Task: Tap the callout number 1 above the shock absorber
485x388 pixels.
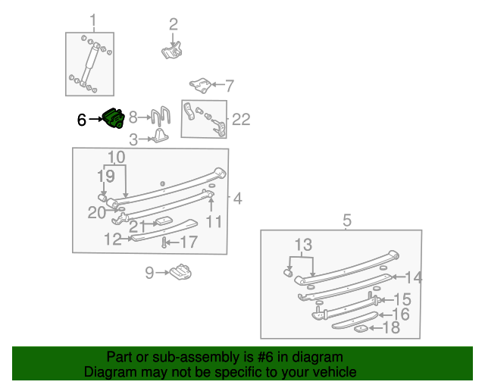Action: click(93, 20)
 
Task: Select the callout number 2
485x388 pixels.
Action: click(173, 24)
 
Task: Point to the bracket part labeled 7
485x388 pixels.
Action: click(199, 86)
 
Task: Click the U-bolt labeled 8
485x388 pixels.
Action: click(161, 117)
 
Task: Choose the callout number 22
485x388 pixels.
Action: click(240, 119)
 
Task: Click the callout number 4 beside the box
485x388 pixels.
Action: click(237, 199)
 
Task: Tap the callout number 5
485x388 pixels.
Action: click(347, 221)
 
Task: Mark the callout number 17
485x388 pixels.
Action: click(188, 242)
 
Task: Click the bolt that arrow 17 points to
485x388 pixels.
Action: click(164, 242)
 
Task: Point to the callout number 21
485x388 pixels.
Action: click(137, 225)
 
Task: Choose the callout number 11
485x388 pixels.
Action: click(214, 221)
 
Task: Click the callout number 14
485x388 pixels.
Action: click(413, 277)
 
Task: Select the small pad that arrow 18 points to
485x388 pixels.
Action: click(361, 328)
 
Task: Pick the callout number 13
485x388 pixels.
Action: click(303, 245)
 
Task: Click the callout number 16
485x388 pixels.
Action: click(401, 314)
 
